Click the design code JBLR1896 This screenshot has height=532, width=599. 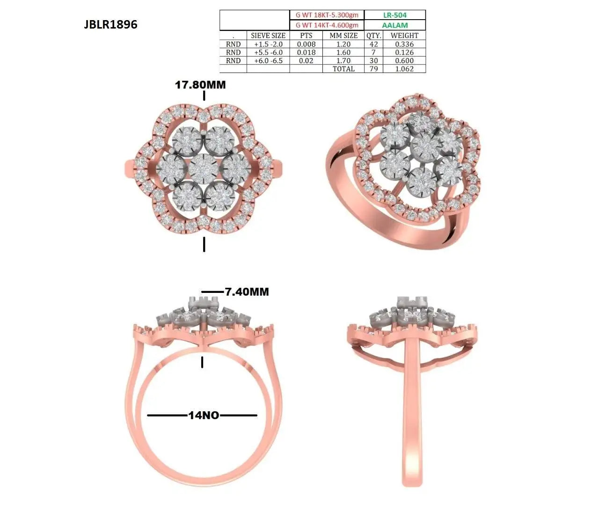click(110, 24)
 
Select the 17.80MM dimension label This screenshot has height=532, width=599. click(200, 85)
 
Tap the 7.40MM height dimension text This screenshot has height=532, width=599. click(247, 292)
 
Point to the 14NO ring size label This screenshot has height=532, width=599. click(204, 415)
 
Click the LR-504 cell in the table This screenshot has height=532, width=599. click(394, 15)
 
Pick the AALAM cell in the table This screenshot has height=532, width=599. click(394, 25)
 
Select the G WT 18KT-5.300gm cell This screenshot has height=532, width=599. click(327, 15)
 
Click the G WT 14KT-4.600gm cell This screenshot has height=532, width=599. click(327, 25)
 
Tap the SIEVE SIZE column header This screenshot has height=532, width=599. click(268, 36)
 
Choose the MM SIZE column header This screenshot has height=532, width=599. click(343, 36)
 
